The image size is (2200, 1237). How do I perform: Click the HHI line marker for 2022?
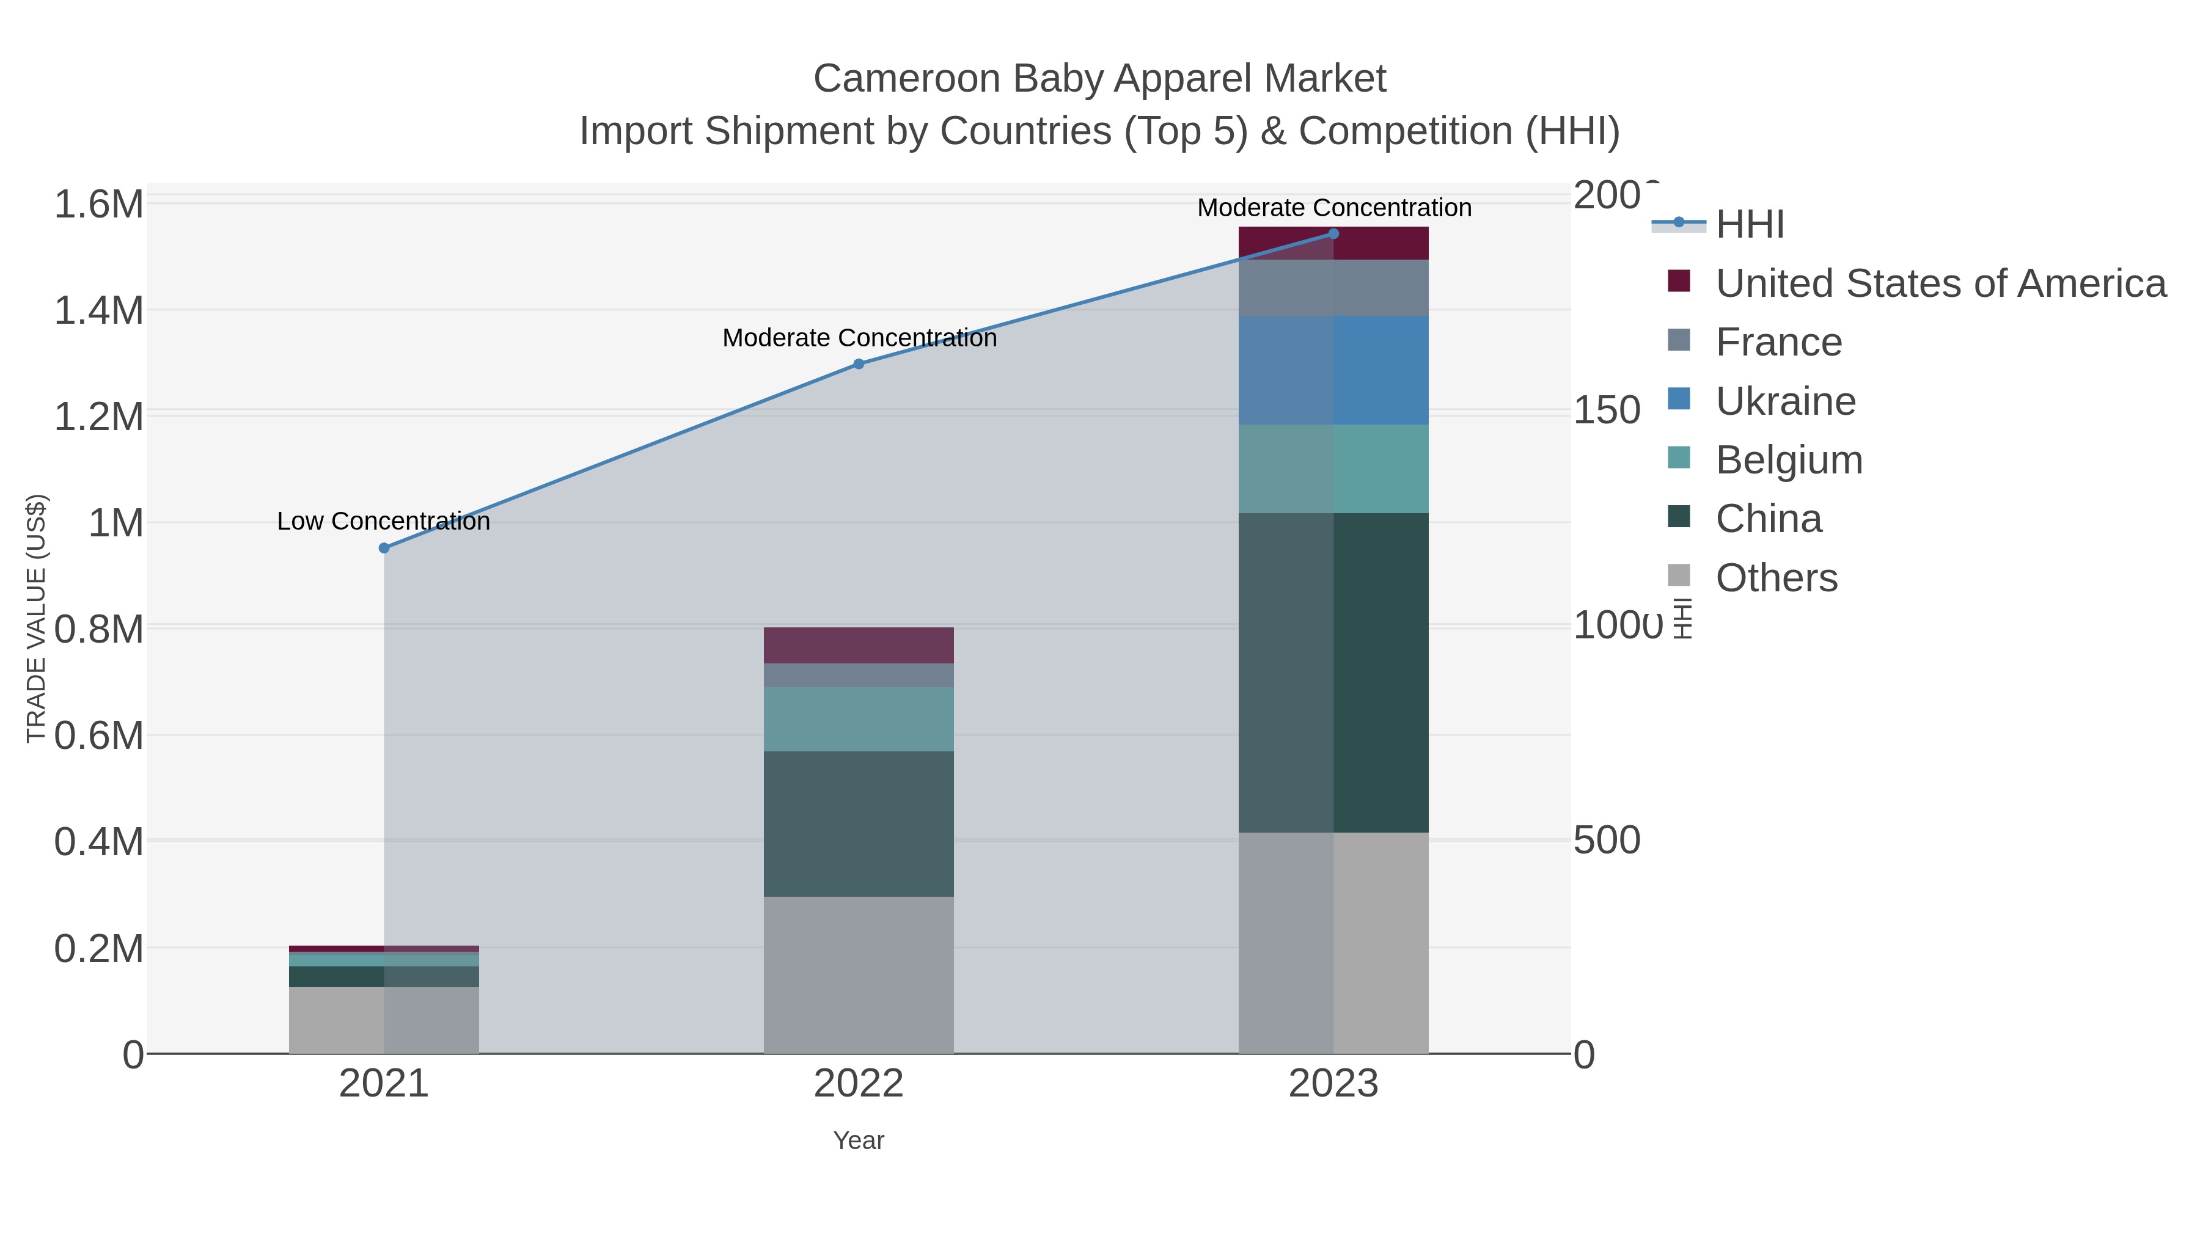(859, 363)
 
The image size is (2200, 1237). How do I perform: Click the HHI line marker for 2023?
(1333, 234)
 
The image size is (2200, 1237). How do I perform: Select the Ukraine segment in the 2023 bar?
(1333, 371)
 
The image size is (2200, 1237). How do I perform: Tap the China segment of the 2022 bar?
(859, 824)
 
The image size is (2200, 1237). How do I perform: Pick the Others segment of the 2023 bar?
(1333, 943)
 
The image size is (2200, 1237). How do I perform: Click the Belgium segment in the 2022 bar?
(859, 719)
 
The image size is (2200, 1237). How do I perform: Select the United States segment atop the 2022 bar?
(859, 646)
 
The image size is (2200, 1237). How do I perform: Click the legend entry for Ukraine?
(1785, 401)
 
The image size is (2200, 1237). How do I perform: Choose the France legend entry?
(1778, 342)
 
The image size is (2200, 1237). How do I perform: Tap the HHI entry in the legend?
(1749, 225)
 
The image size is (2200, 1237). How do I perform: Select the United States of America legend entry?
(1940, 283)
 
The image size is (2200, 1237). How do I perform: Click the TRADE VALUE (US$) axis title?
(37, 618)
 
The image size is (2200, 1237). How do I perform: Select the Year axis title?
(859, 1140)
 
